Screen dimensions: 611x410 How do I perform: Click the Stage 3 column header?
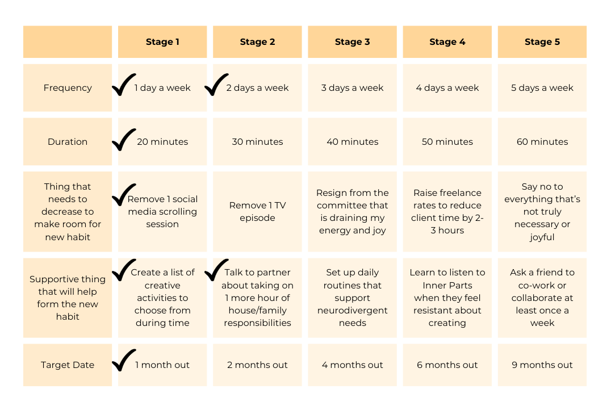352,42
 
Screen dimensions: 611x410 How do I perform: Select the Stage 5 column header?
542,42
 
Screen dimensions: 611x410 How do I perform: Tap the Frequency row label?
68,88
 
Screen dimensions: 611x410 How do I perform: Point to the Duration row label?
68,142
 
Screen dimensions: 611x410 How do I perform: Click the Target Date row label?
68,365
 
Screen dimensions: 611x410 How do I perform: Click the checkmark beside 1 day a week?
123,85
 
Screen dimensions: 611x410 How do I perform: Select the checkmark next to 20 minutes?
123,140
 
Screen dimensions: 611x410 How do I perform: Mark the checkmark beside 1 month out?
123,361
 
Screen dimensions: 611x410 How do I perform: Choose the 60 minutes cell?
542,142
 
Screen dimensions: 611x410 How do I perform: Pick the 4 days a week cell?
447,88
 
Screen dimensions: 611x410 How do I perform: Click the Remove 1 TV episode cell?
257,212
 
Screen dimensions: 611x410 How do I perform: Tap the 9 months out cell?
542,365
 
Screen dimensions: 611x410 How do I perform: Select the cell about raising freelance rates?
447,212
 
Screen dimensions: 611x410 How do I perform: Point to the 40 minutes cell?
352,142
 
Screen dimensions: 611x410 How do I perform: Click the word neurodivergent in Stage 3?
352,311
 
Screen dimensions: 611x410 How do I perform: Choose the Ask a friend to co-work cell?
542,298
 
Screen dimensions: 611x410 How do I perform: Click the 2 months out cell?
257,365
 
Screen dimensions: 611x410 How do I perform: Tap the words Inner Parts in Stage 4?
447,285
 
